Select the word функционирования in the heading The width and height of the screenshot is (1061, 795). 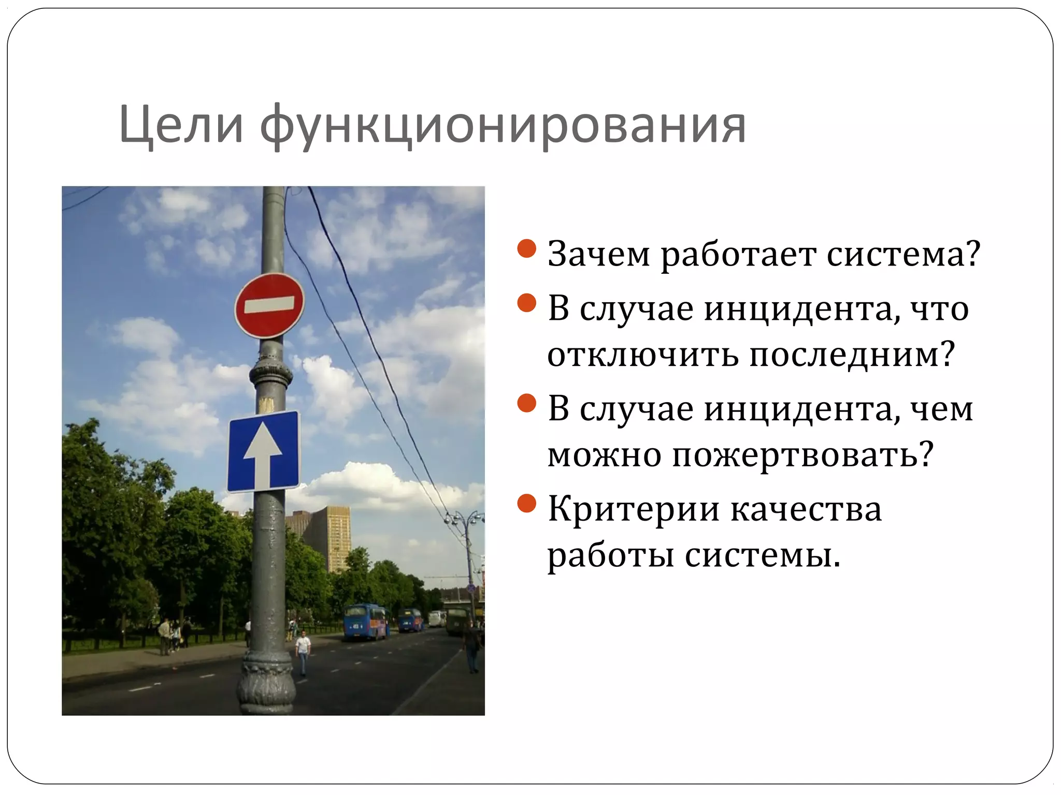[503, 127]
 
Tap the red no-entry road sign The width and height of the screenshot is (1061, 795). [269, 305]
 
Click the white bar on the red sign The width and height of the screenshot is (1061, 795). [269, 304]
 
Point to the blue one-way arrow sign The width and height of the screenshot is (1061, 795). [264, 451]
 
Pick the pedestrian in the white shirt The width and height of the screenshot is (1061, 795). [303, 653]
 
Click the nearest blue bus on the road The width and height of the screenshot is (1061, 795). [366, 621]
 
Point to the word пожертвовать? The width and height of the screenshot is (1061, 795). [802, 455]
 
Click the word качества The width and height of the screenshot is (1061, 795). [806, 509]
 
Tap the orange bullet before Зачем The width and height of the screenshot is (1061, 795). [526, 248]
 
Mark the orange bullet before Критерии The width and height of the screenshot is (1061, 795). [526, 503]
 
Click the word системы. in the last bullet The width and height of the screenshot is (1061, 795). [762, 556]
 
